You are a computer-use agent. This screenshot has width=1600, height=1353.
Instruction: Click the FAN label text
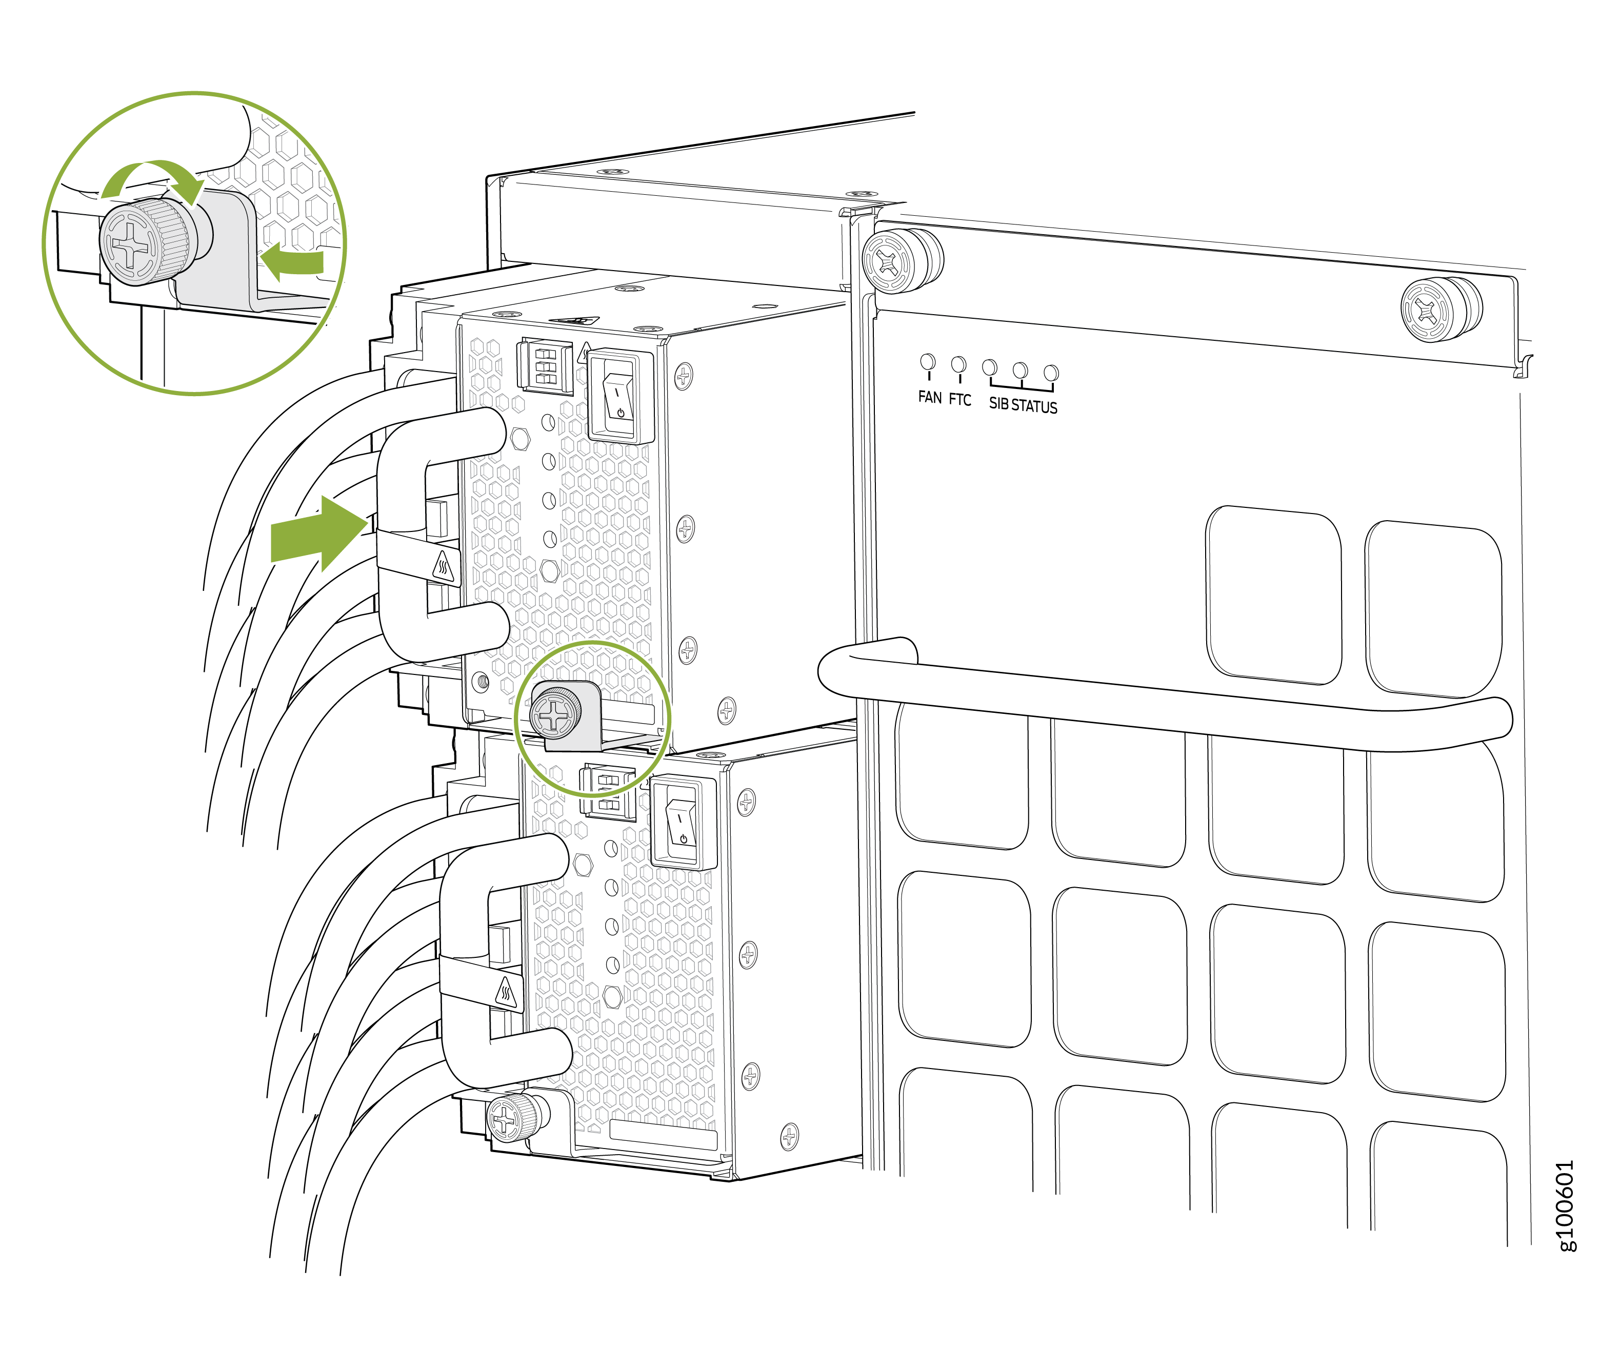pos(929,397)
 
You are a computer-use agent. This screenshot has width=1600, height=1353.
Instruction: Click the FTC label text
pos(959,400)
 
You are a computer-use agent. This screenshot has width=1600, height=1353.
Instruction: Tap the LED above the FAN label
pos(928,361)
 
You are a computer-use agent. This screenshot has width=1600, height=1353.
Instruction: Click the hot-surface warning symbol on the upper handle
pos(443,567)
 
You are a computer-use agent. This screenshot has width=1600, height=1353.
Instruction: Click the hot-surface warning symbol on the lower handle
pos(506,993)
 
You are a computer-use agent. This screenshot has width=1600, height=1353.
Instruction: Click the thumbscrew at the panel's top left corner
pos(901,261)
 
